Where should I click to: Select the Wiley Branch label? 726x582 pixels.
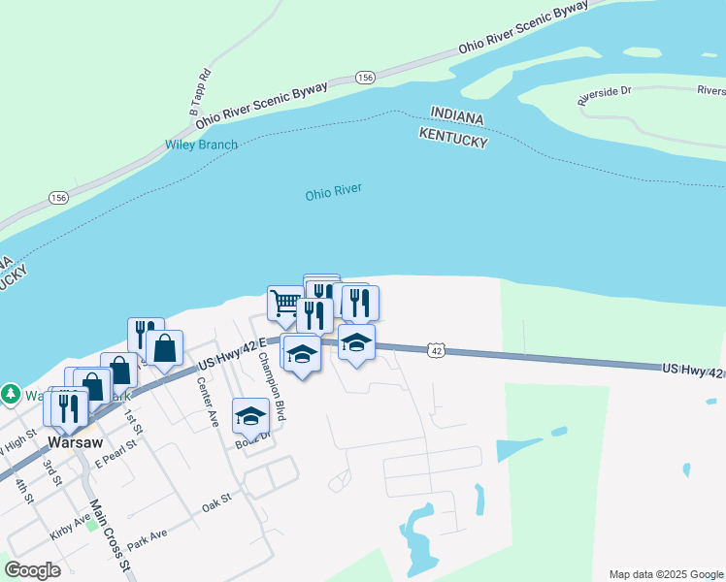tap(201, 145)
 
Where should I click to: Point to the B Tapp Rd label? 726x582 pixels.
tap(200, 92)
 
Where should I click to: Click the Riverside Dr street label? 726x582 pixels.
tap(604, 94)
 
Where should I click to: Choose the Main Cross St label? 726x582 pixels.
tap(109, 533)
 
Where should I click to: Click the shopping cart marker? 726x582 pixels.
tap(284, 303)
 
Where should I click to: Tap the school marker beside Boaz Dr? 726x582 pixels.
tap(251, 415)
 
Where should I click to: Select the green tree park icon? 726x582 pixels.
tap(11, 394)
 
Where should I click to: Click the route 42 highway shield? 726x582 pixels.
tap(437, 350)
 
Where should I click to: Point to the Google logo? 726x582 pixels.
tap(32, 569)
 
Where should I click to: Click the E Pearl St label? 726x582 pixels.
tap(113, 456)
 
